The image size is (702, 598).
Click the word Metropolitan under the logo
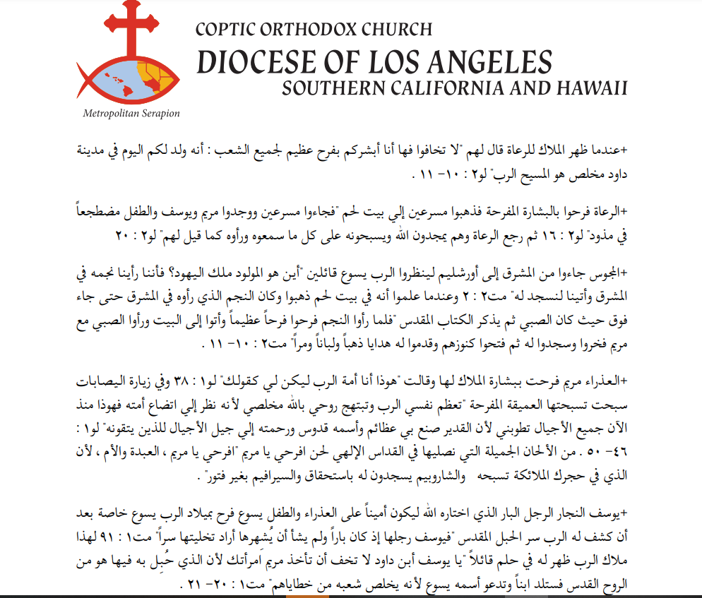(110, 113)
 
